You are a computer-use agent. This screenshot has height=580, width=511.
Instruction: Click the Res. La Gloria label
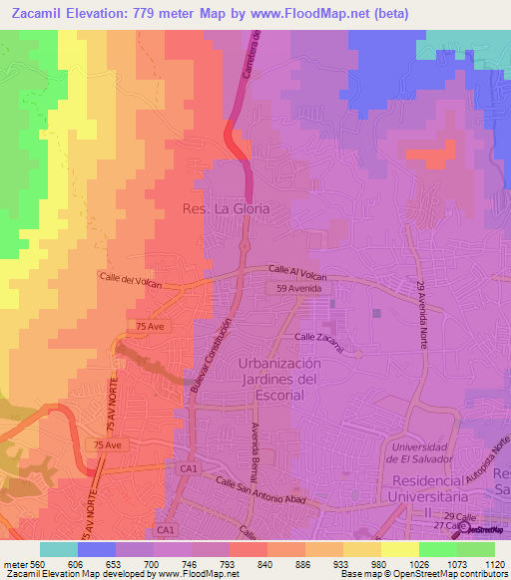(x=227, y=210)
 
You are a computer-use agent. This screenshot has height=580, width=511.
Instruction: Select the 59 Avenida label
(x=302, y=288)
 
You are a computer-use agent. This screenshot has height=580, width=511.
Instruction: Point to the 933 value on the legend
(x=324, y=564)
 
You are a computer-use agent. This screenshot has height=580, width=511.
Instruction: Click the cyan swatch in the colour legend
(x=59, y=549)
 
